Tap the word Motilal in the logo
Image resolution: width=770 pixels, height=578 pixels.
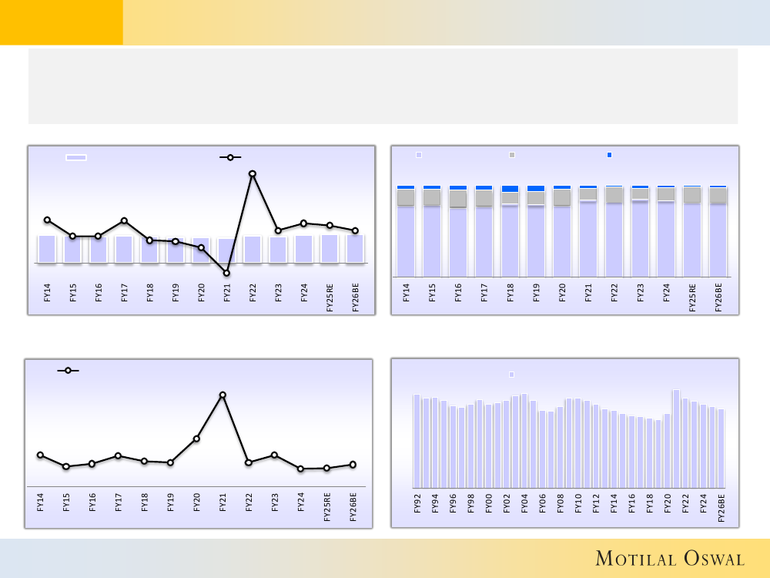[633, 559]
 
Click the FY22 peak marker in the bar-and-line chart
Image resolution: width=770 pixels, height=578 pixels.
[252, 173]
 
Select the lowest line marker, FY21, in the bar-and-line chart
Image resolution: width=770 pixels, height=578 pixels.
[226, 273]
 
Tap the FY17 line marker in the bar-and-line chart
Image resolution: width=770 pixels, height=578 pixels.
[124, 220]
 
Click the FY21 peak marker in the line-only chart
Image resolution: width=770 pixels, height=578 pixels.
[223, 395]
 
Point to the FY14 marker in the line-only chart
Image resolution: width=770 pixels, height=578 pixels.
[40, 455]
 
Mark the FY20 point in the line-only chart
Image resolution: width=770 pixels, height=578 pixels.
[196, 439]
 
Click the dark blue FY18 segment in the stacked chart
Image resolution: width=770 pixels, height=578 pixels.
[510, 188]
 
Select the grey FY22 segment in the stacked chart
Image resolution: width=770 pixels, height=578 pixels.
[614, 194]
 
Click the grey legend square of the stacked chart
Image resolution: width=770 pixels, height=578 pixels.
[512, 155]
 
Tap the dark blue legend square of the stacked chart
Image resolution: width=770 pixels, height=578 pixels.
[609, 155]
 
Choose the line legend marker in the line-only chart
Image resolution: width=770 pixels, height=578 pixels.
[68, 371]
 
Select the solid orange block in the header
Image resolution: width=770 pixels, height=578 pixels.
[61, 22]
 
